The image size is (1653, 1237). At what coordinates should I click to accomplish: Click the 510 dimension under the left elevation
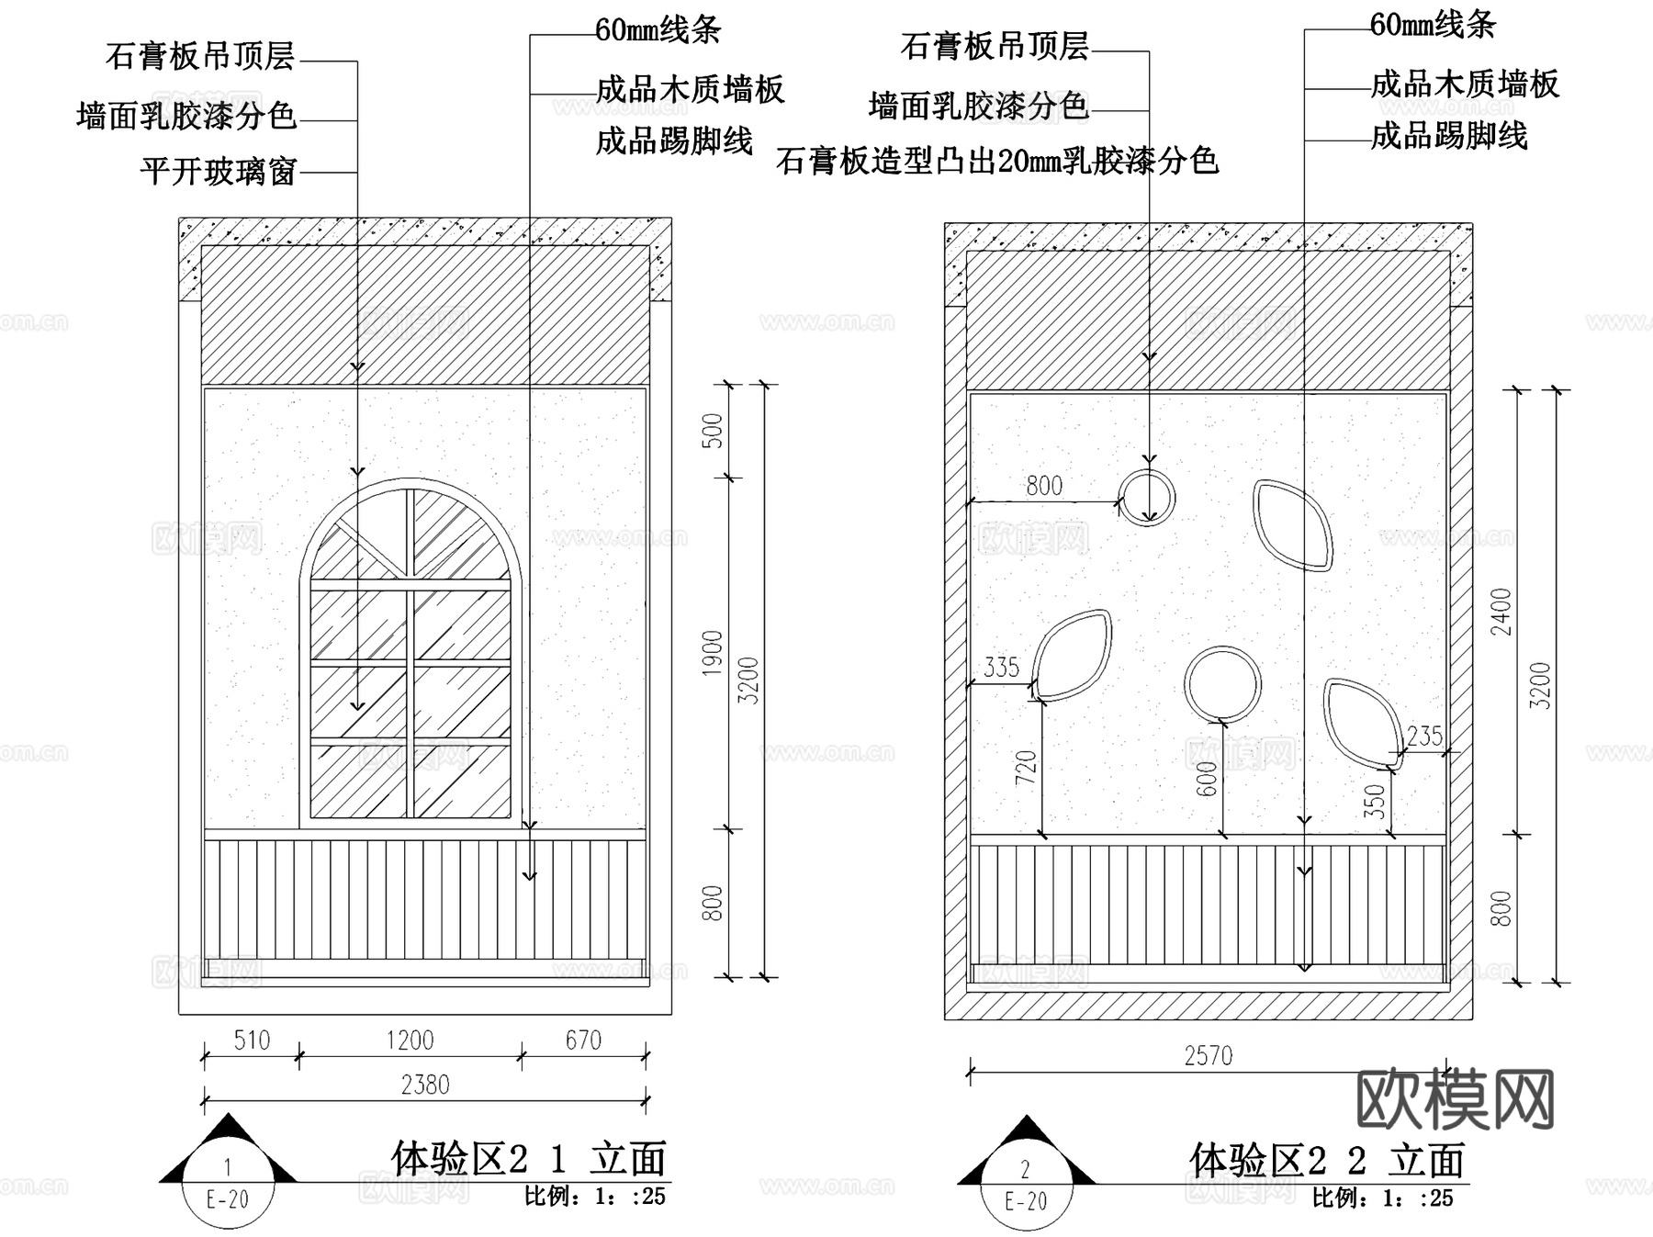(252, 1040)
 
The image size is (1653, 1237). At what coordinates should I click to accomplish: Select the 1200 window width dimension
(410, 1040)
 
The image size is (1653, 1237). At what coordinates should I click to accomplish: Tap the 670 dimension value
(583, 1040)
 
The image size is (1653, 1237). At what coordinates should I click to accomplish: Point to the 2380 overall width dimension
(425, 1085)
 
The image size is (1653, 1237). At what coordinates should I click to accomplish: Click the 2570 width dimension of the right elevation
(1208, 1056)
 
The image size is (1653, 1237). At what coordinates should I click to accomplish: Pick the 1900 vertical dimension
(713, 653)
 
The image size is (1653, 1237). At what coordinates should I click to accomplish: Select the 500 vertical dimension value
(713, 431)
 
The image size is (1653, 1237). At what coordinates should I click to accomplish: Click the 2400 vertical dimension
(1501, 612)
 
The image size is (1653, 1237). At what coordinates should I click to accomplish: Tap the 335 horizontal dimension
(1001, 668)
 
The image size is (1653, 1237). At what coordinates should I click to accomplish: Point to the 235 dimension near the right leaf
(1424, 737)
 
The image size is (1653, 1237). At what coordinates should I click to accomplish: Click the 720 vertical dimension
(1026, 768)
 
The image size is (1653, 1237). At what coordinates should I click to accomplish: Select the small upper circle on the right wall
(1147, 498)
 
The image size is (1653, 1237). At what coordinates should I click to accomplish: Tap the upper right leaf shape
(1292, 525)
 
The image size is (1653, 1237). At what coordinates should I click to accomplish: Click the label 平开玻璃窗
(219, 172)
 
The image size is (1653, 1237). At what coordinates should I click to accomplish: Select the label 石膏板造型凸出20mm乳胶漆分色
(996, 162)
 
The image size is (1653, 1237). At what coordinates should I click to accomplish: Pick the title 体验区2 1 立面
(528, 1159)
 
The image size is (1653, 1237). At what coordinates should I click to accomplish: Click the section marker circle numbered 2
(1026, 1185)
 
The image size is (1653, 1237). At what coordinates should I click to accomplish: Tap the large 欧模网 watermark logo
(1455, 1099)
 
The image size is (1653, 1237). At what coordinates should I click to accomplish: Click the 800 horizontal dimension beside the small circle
(1044, 486)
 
